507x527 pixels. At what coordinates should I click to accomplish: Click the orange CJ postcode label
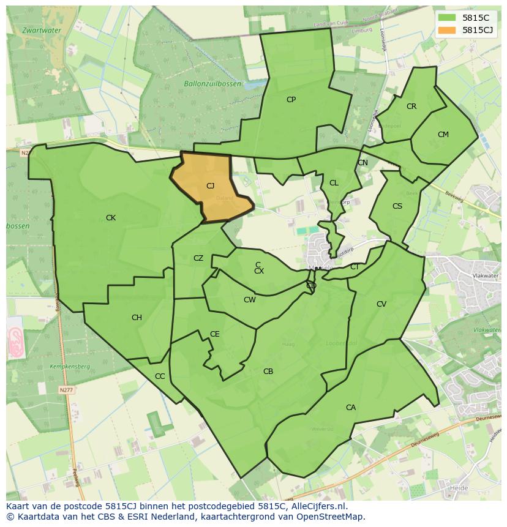210,186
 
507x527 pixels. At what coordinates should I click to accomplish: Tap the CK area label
111,218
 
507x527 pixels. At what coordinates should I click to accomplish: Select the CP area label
291,100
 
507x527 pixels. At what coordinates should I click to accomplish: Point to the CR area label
411,107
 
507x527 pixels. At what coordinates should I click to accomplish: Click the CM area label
443,135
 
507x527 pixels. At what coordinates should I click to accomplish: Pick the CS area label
397,206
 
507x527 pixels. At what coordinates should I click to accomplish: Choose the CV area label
381,304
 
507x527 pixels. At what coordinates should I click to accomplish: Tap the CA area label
351,408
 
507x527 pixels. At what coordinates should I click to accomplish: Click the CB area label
268,372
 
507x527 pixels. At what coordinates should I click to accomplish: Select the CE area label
215,334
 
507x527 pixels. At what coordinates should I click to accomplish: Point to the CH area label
137,318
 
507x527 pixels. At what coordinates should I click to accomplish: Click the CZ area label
198,258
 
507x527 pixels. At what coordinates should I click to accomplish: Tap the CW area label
250,300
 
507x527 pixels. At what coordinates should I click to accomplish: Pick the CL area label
334,183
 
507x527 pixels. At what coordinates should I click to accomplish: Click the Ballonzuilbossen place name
212,84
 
